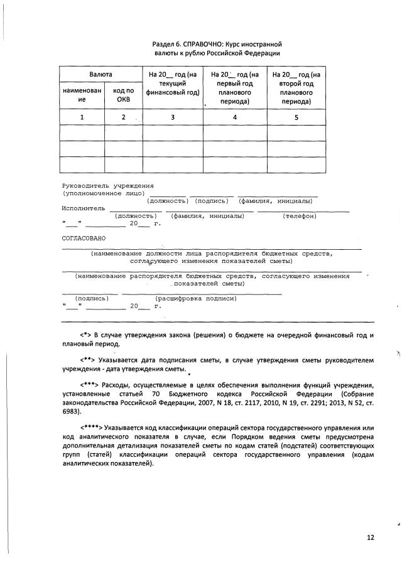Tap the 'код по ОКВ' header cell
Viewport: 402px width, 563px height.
coord(123,95)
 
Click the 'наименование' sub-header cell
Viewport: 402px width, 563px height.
coord(81,95)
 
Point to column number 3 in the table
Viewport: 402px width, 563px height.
coord(172,117)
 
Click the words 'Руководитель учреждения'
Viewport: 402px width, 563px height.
coord(107,186)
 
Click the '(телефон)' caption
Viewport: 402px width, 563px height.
coord(299,216)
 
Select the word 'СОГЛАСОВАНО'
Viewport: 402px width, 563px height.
coord(84,239)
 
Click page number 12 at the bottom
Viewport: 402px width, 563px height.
coord(371,538)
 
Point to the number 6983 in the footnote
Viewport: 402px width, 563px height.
coord(72,412)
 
